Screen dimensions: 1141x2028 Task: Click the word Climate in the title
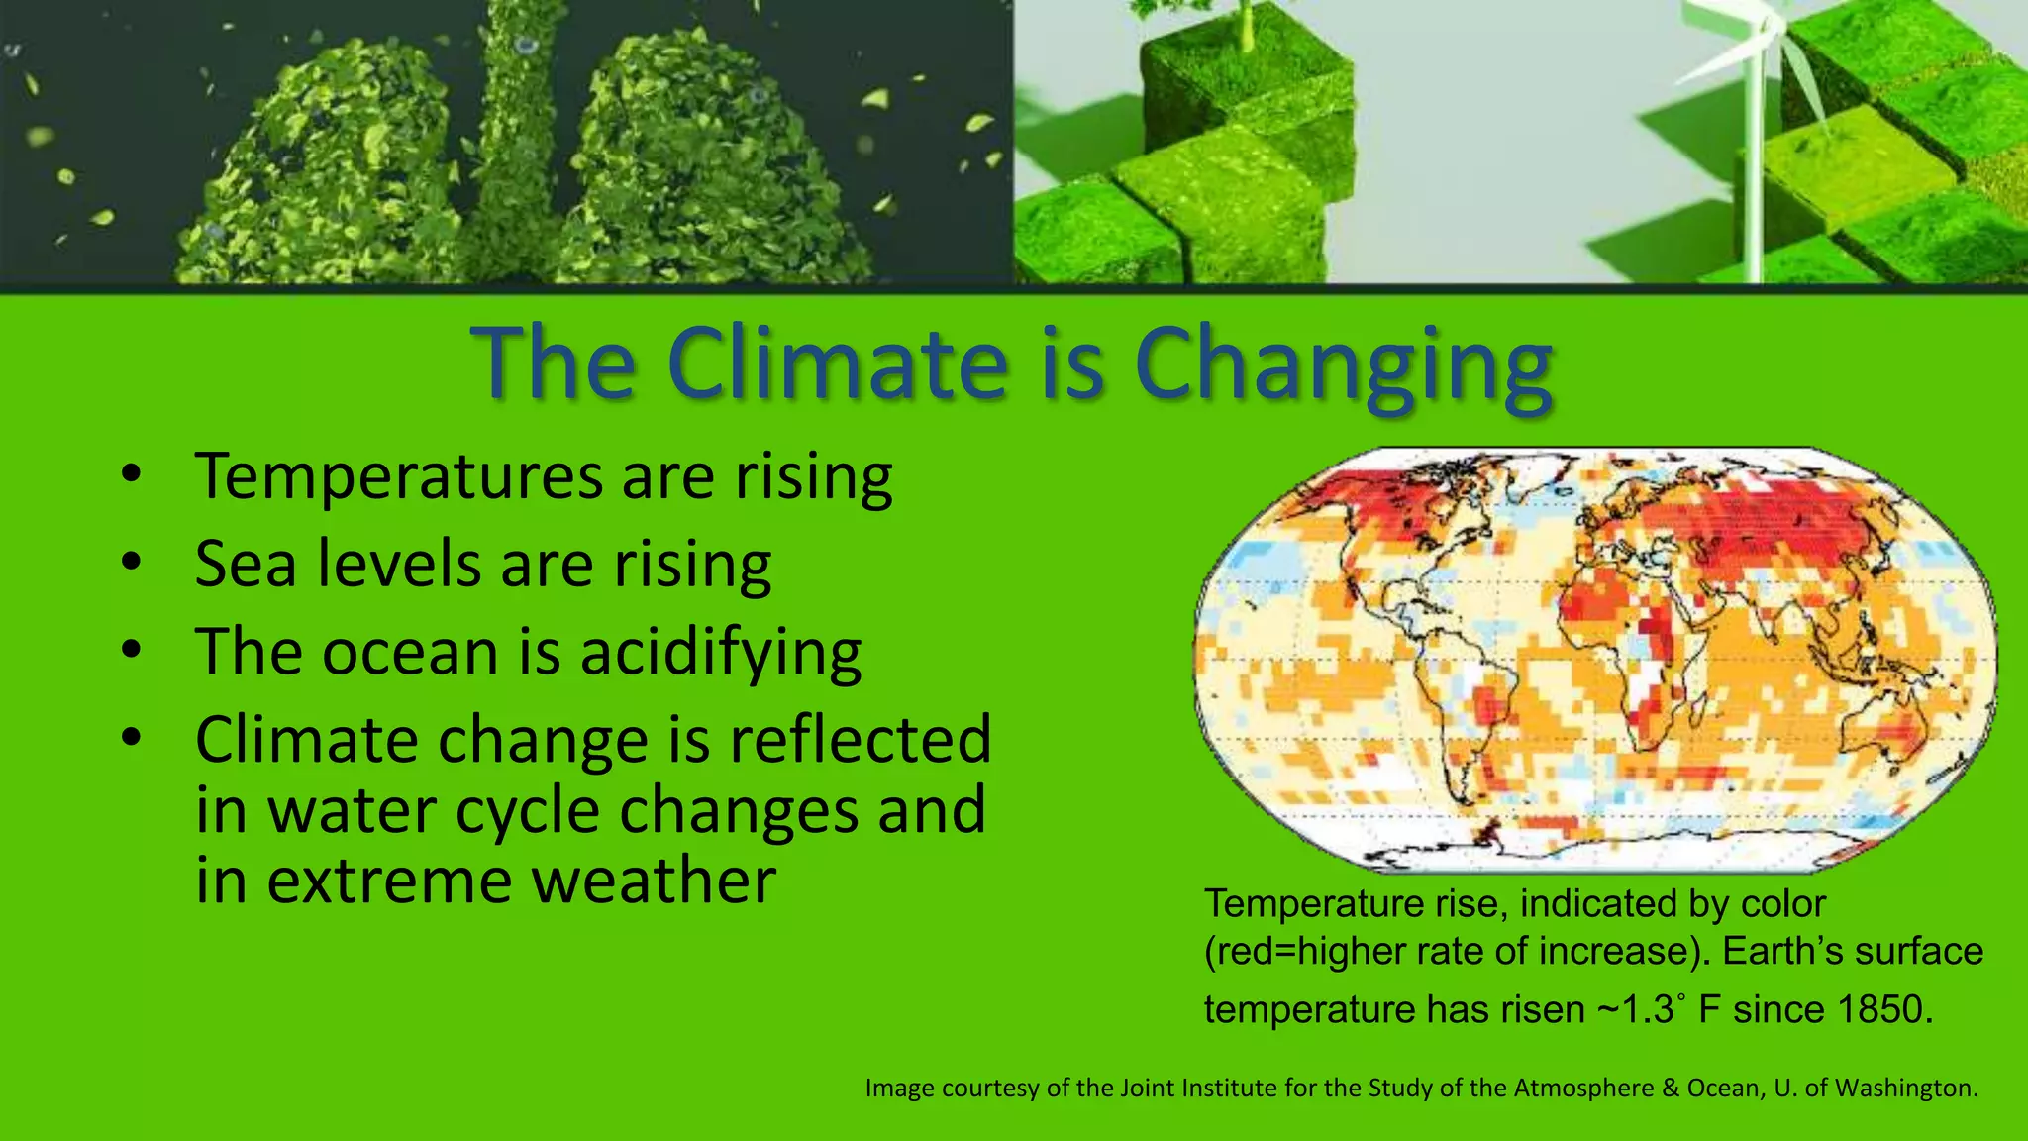[836, 363]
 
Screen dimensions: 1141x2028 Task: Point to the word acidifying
[720, 654]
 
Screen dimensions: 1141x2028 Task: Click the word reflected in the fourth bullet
[860, 739]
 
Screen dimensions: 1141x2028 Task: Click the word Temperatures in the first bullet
[398, 476]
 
